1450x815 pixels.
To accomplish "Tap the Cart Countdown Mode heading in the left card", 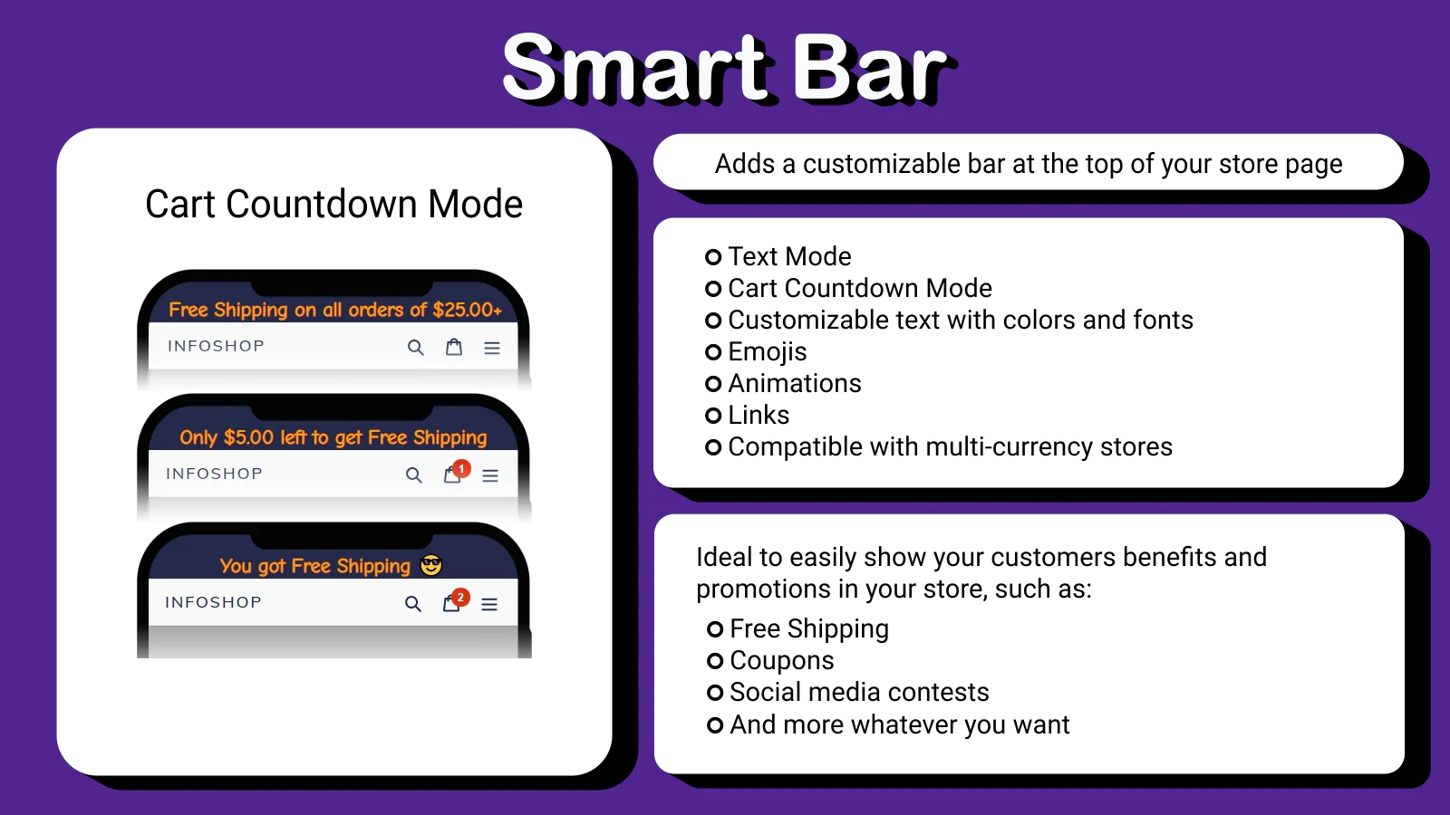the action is click(334, 205).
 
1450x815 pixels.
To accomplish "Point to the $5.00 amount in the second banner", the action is click(248, 438).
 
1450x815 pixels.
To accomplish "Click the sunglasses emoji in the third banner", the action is click(431, 565).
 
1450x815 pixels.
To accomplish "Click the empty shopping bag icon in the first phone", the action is click(454, 348).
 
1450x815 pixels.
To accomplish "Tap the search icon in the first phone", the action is click(416, 348).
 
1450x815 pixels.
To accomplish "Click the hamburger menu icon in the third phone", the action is click(489, 604).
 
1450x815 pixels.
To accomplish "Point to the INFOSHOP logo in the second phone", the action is click(214, 474).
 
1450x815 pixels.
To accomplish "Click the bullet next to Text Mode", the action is click(713, 257).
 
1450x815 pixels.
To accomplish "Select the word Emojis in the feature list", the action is click(768, 352).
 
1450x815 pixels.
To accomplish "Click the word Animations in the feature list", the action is click(795, 384).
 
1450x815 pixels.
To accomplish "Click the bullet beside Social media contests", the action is click(715, 693).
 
